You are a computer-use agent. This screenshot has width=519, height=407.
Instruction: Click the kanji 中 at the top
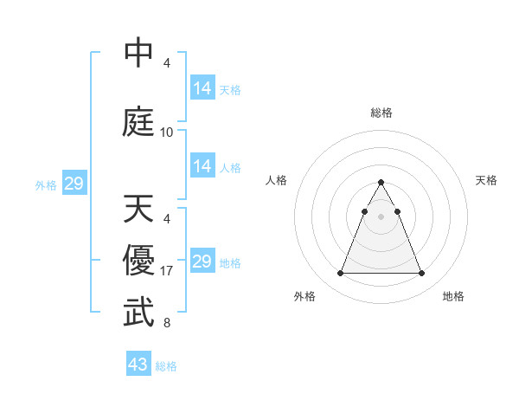(x=139, y=53)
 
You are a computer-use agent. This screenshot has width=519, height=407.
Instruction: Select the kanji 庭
(x=139, y=121)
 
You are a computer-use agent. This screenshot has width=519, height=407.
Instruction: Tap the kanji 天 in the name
(x=139, y=209)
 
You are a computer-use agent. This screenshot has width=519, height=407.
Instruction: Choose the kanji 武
(x=139, y=313)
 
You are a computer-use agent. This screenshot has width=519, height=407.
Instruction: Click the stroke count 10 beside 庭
(x=167, y=132)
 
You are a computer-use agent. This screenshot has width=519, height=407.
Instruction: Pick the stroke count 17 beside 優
(x=167, y=271)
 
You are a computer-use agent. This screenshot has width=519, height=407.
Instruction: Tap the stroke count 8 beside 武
(x=167, y=323)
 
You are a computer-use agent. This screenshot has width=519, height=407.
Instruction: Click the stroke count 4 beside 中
(x=167, y=63)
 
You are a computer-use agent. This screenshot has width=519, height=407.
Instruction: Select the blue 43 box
(x=138, y=365)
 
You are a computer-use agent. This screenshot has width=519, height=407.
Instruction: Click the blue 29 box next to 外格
(x=74, y=184)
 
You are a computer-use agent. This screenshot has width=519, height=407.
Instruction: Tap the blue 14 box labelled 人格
(x=202, y=166)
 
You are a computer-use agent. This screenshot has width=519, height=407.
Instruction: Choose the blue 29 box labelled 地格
(x=202, y=262)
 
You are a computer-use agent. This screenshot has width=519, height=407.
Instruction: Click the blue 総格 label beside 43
(x=166, y=366)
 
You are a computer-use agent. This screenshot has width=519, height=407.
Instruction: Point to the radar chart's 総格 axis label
(x=381, y=113)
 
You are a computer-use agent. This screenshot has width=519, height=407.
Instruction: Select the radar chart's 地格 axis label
(x=453, y=296)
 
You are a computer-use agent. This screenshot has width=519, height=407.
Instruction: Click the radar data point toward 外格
(x=340, y=274)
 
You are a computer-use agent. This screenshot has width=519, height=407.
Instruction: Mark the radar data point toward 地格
(x=422, y=274)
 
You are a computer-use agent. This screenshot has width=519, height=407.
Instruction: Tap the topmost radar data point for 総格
(x=381, y=183)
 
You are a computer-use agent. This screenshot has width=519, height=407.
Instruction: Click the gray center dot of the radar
(x=381, y=216)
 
